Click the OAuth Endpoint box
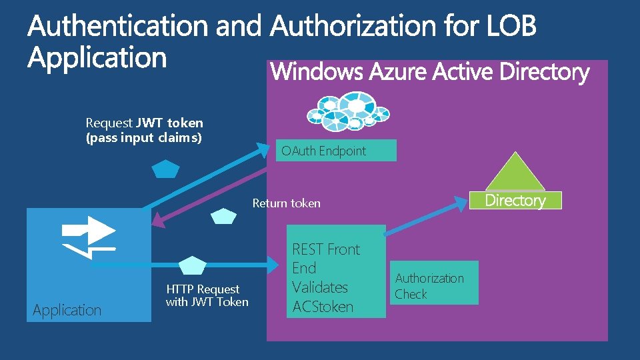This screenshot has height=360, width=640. click(336, 151)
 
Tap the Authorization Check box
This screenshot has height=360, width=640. click(435, 285)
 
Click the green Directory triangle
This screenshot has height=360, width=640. click(514, 173)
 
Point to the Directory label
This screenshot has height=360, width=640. click(515, 200)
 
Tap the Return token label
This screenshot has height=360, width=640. click(286, 203)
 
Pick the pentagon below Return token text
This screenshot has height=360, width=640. click(223, 217)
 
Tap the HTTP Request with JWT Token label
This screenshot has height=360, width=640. click(207, 295)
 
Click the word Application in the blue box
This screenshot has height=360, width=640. click(67, 310)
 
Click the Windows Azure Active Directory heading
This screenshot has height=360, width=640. click(430, 72)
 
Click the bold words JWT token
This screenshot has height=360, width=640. click(169, 123)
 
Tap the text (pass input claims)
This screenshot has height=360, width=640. click(144, 138)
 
